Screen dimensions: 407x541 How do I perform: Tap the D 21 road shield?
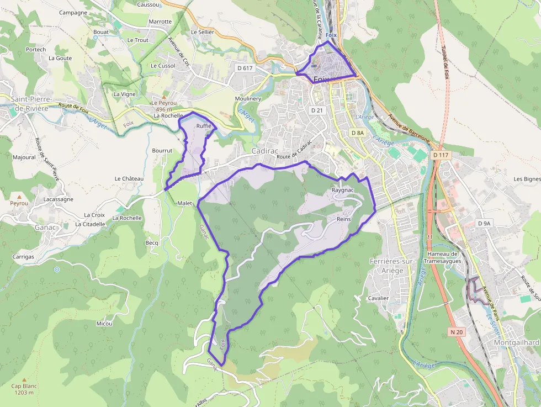coord(316,110)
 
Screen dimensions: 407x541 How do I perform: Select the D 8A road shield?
coord(358,133)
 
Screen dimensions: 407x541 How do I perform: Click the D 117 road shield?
coord(441,155)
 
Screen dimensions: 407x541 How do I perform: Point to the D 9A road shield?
coord(484,223)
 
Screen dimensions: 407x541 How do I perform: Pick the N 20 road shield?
coord(456,332)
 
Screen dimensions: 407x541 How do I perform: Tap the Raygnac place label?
coord(342,190)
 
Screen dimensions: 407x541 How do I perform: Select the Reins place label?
coord(343,219)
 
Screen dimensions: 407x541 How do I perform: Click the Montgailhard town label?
coord(516,342)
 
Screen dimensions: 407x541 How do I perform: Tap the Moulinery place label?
coord(247,98)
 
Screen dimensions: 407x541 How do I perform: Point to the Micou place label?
coord(104,323)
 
